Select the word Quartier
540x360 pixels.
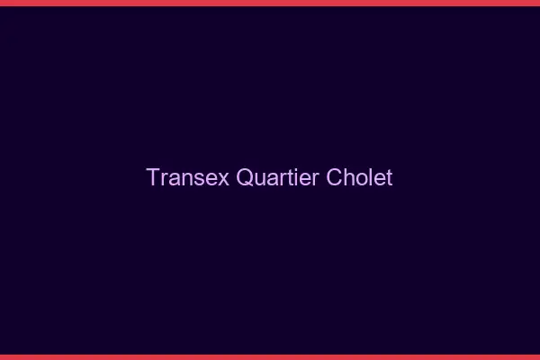[277, 177]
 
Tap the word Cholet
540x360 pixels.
[360, 177]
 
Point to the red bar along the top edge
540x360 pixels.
[270, 3]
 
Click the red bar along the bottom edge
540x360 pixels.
[270, 356]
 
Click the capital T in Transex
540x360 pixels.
[153, 177]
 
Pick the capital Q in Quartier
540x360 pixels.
[245, 177]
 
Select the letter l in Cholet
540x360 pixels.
[370, 177]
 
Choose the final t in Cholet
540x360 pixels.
[389, 178]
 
